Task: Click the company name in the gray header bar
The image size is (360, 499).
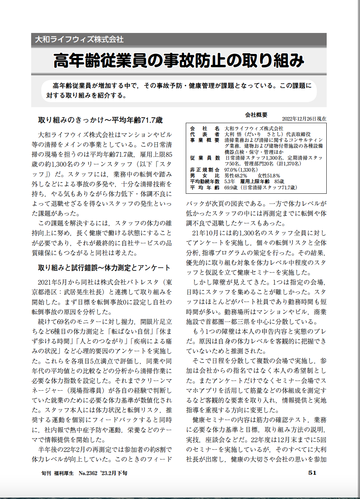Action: click(x=79, y=39)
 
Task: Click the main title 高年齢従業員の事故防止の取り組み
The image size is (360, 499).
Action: click(x=179, y=60)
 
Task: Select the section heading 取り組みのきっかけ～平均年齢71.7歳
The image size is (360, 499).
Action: click(x=100, y=120)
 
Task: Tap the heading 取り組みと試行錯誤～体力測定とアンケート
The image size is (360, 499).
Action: click(x=104, y=268)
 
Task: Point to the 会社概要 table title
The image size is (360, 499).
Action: click(x=256, y=115)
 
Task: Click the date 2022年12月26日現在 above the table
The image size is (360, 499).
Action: click(x=304, y=119)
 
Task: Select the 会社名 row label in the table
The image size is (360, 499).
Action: click(x=205, y=128)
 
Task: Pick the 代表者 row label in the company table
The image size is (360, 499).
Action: click(x=205, y=134)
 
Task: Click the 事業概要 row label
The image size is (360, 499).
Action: click(x=205, y=140)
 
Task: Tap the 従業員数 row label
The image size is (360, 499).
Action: click(x=205, y=158)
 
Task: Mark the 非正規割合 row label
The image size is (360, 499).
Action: click(x=205, y=169)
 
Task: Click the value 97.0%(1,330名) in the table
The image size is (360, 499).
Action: click(x=241, y=169)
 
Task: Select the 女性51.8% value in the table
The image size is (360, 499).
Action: click(x=269, y=176)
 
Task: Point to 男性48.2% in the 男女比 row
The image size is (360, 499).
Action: click(x=236, y=176)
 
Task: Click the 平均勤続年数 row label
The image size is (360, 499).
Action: click(x=205, y=181)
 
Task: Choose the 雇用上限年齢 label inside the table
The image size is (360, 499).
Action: click(x=255, y=181)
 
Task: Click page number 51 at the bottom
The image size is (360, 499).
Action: click(x=312, y=473)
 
